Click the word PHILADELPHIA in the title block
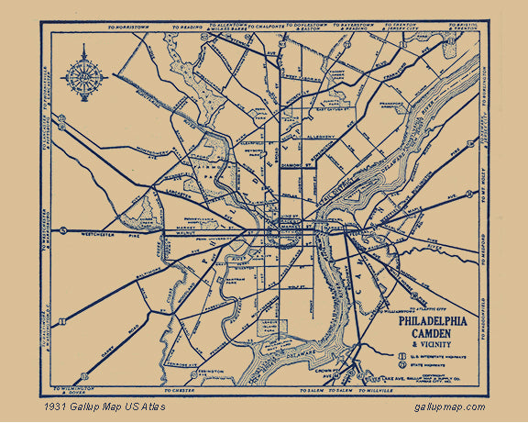[432, 321]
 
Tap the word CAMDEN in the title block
[432, 335]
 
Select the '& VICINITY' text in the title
[432, 347]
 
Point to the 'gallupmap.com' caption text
[450, 406]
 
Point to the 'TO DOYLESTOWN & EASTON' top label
[320, 26]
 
